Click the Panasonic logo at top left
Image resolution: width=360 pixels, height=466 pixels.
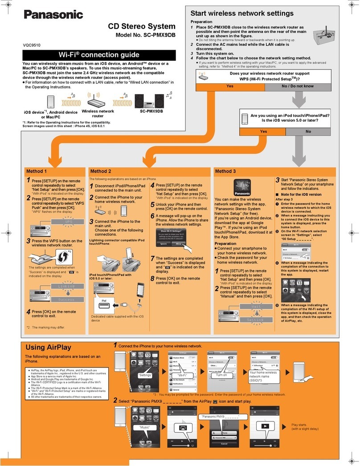[x=53, y=14]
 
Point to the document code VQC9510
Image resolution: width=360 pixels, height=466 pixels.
[x=33, y=45]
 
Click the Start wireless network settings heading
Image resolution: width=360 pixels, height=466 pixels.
[x=242, y=13]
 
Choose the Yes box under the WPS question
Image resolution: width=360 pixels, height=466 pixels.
[x=230, y=86]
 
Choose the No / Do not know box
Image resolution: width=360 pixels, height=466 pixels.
[x=298, y=86]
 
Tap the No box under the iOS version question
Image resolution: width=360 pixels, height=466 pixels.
[x=308, y=132]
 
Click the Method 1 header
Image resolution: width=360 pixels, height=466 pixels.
[x=37, y=171]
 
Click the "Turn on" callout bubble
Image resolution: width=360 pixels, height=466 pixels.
[x=221, y=375]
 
